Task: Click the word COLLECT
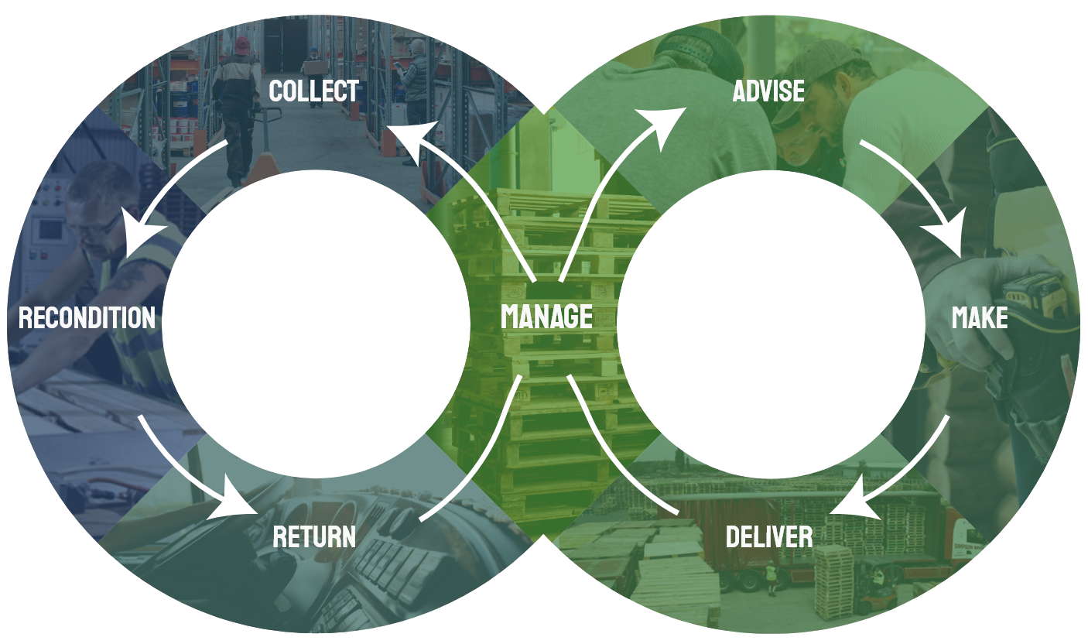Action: click(313, 91)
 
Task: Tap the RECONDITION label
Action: click(87, 317)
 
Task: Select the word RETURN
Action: click(314, 536)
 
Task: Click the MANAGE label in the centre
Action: click(546, 317)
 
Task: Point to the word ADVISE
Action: click(768, 91)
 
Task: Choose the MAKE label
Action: click(980, 317)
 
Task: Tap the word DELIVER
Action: click(769, 536)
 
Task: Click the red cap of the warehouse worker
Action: click(243, 45)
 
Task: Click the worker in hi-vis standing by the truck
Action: click(771, 577)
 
